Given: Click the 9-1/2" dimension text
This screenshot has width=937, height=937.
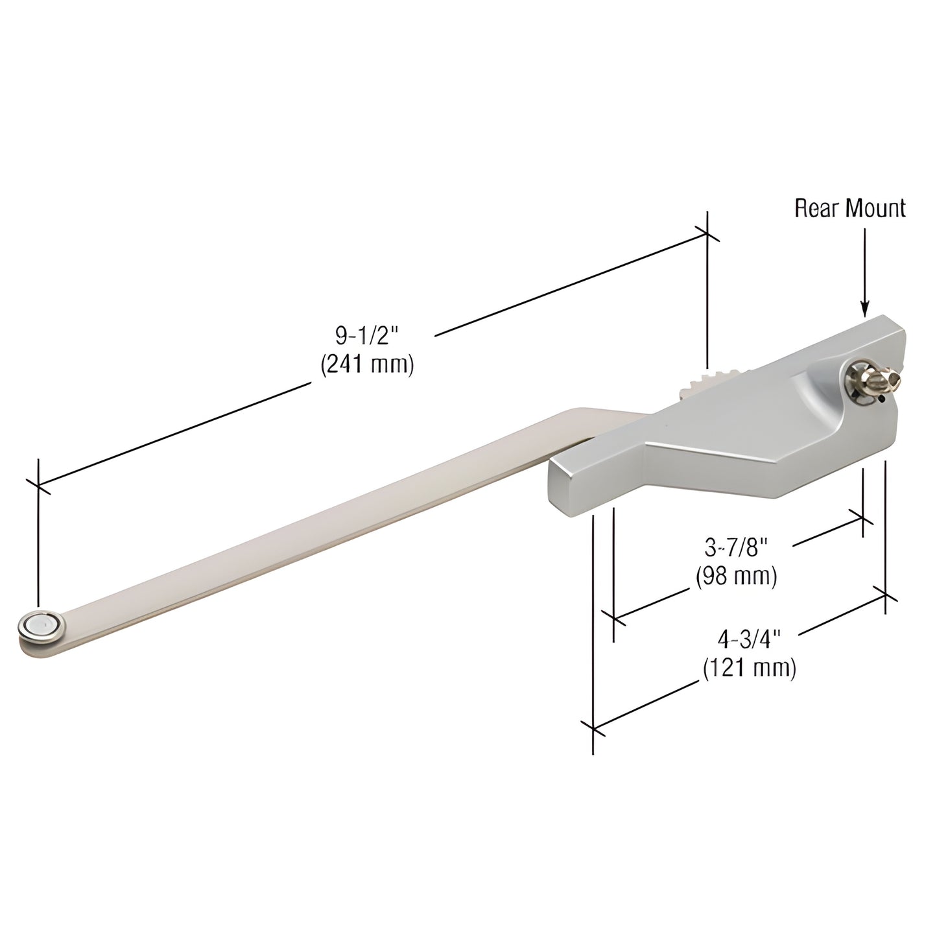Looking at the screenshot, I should coord(366,336).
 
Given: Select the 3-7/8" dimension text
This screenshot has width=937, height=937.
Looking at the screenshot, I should coord(736,549).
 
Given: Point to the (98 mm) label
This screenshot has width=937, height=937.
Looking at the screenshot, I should coord(736,576).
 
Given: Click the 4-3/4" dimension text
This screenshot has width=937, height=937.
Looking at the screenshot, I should coord(748,640).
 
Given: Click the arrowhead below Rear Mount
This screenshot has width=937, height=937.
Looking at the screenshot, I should coord(864,309).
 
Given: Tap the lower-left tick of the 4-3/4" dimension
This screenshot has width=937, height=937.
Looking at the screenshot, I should coord(593,728).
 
